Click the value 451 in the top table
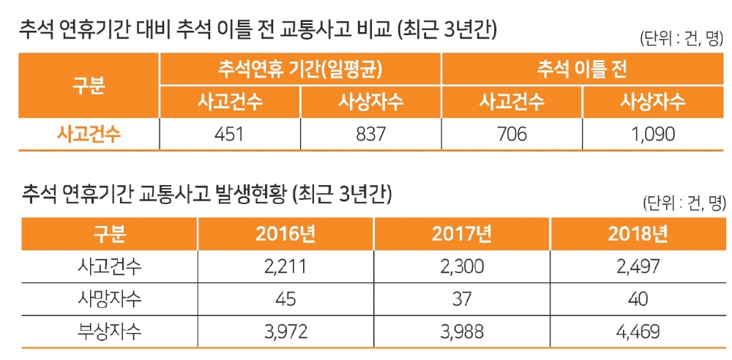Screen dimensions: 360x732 pyautogui.click(x=231, y=134)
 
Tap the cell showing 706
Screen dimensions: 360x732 pyautogui.click(x=512, y=134)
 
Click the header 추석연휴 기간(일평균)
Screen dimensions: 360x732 pyautogui.click(x=301, y=70)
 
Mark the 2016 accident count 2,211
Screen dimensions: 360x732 pyautogui.click(x=285, y=266)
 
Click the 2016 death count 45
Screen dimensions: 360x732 pyautogui.click(x=285, y=299)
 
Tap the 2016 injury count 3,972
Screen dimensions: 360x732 pyautogui.click(x=285, y=331)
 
